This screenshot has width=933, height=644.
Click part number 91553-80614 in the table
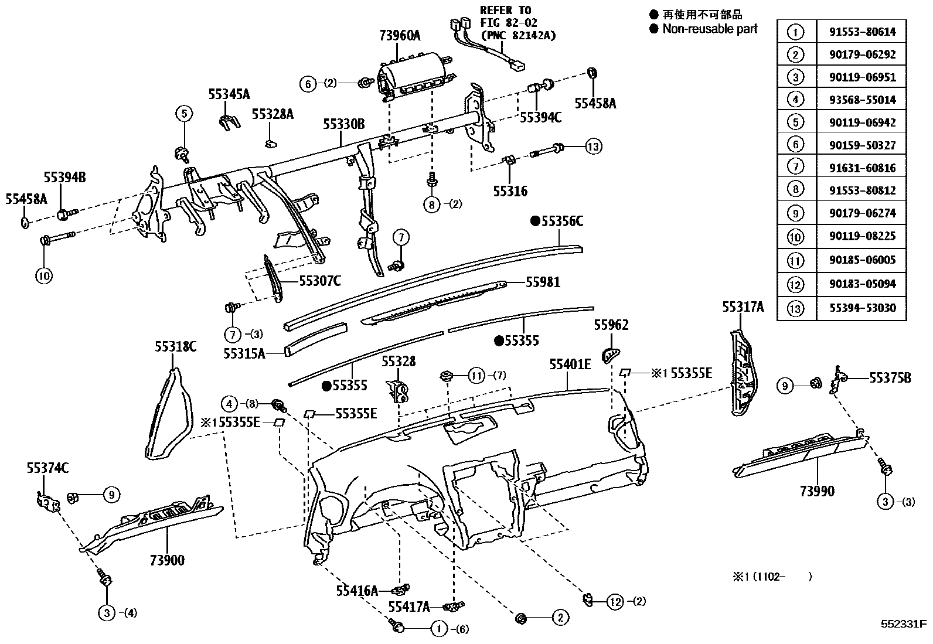[862, 32]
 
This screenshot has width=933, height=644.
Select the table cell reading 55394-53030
[862, 308]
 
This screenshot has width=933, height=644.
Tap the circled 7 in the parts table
[795, 168]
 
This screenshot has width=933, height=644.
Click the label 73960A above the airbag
[400, 36]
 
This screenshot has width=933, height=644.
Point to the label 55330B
[344, 124]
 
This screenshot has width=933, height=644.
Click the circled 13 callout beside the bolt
[593, 146]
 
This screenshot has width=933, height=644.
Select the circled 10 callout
[45, 275]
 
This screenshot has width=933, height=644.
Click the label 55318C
[175, 347]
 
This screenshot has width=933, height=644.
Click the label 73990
[817, 491]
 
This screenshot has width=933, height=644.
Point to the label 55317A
[743, 307]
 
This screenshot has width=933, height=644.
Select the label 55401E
[570, 365]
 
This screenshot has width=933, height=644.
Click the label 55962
[611, 325]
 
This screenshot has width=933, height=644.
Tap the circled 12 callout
[615, 601]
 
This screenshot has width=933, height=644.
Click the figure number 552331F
[903, 624]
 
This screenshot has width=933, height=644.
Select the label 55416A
[357, 591]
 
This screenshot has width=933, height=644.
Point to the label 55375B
[890, 379]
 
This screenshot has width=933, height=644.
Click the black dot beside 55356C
[534, 221]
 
